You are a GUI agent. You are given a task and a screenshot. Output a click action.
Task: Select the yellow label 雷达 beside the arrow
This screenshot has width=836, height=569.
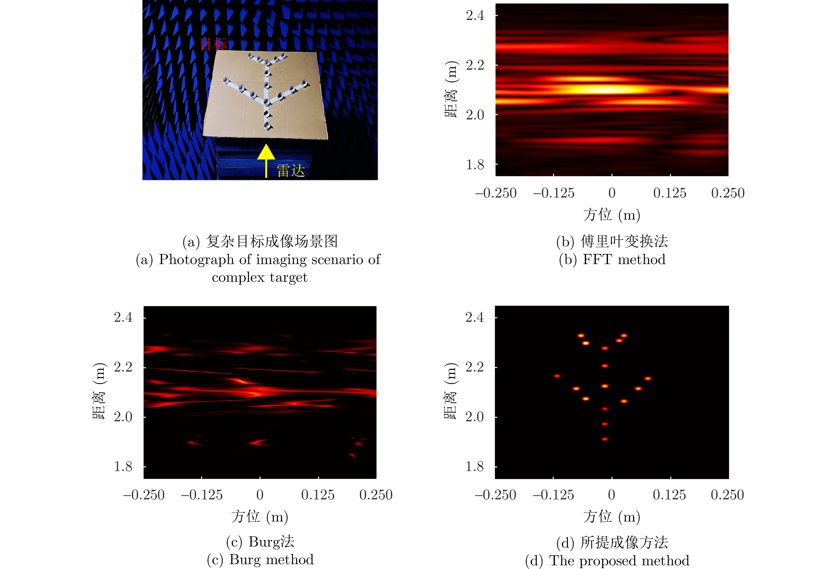pyautogui.click(x=291, y=171)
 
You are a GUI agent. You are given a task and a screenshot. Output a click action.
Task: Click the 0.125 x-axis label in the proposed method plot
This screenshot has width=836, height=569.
pyautogui.click(x=669, y=495)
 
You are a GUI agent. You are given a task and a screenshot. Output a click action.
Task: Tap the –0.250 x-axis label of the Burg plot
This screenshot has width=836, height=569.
pyautogui.click(x=144, y=495)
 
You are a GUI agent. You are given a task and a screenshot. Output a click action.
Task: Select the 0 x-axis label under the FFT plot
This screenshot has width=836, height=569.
pyautogui.click(x=612, y=193)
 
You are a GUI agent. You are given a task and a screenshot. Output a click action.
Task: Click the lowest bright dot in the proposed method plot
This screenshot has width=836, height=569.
pyautogui.click(x=605, y=439)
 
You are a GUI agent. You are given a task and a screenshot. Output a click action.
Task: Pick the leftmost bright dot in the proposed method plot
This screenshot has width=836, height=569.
pyautogui.click(x=557, y=376)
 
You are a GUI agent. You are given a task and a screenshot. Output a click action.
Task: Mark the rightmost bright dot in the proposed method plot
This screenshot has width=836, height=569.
pyautogui.click(x=648, y=378)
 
